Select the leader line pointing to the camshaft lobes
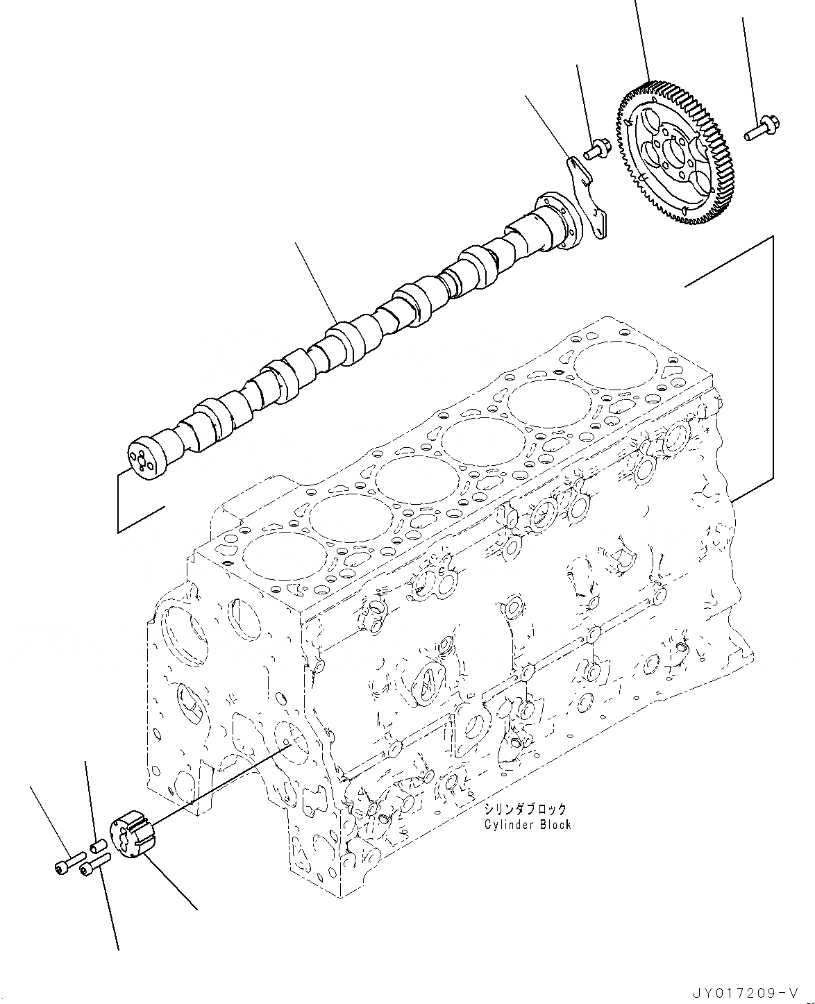point(315,281)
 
